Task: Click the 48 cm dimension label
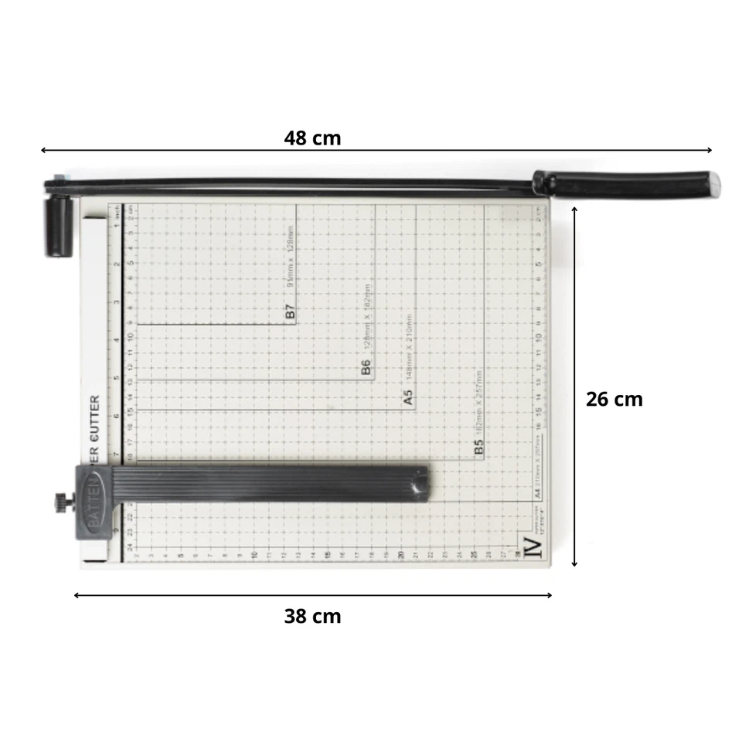click(312, 138)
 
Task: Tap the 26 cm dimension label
click(614, 400)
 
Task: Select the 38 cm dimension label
click(312, 616)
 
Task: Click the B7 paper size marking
click(291, 313)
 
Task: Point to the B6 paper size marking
click(366, 367)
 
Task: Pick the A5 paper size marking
click(408, 397)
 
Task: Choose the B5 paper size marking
click(478, 448)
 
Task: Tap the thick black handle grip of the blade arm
click(626, 184)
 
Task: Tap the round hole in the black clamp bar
click(418, 485)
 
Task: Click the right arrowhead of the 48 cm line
click(709, 151)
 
